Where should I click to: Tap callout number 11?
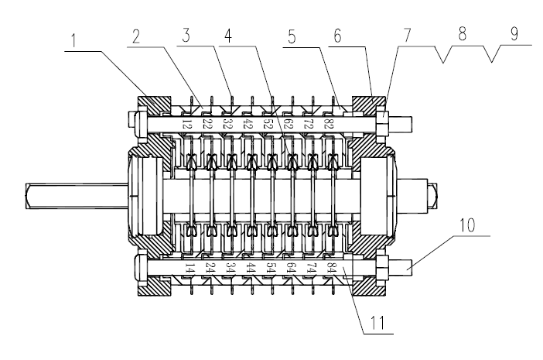[x=375, y=317]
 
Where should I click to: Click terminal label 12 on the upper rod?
[x=186, y=122]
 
